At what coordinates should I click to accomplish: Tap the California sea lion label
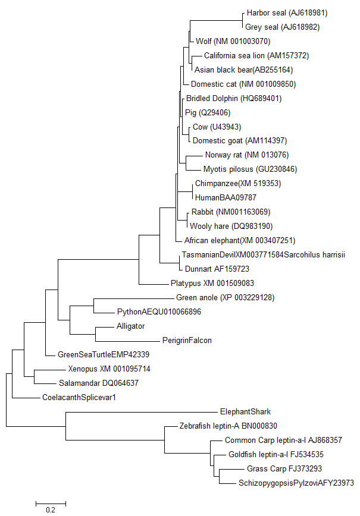click(256, 55)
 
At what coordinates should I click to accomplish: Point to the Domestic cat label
click(243, 84)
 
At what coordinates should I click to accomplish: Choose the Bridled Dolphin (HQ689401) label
click(234, 98)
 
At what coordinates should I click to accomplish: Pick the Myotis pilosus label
click(250, 169)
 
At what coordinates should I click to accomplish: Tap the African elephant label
click(239, 241)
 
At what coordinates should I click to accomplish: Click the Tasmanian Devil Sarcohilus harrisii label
click(263, 255)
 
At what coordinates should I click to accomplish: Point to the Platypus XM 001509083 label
click(212, 284)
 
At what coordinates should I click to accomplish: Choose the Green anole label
click(225, 297)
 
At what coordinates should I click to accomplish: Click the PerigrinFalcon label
click(187, 341)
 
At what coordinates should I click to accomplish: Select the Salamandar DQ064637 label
click(98, 383)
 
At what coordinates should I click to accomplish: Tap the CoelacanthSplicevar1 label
click(79, 397)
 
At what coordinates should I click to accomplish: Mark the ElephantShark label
click(245, 411)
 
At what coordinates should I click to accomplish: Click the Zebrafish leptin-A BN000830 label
click(228, 426)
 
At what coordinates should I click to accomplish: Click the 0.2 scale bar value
click(51, 509)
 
